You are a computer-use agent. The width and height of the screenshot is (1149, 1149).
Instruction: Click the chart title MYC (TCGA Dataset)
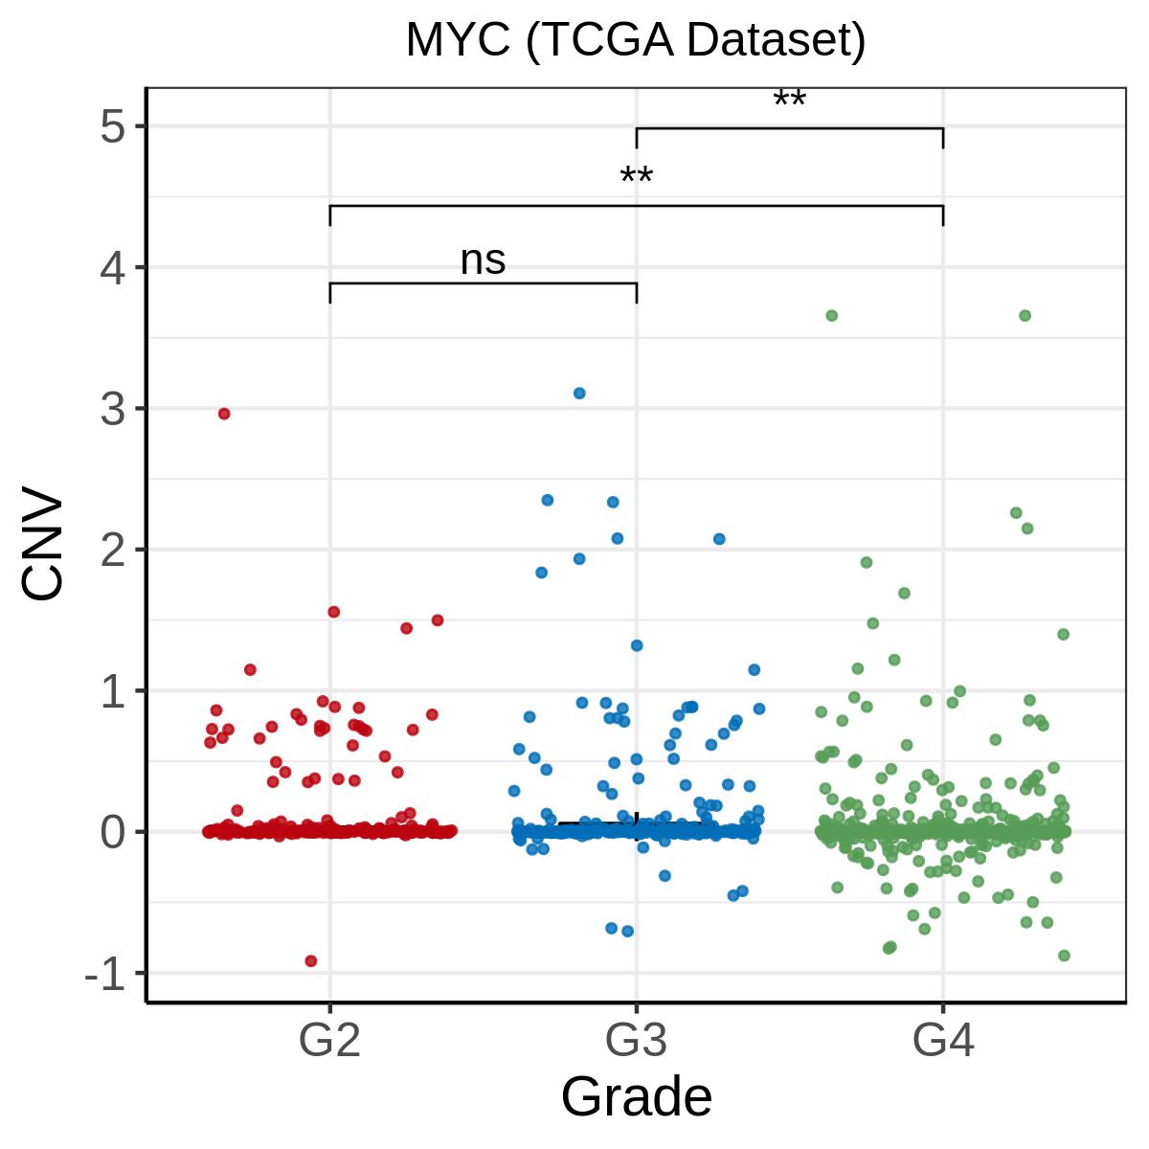point(636,40)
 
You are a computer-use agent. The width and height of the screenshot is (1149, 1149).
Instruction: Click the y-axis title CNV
point(42,542)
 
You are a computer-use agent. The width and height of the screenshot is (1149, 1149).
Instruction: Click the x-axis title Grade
point(636,1096)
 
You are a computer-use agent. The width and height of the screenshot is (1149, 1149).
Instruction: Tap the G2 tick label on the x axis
point(329,1040)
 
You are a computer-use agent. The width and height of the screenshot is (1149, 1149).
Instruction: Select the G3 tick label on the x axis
point(636,1040)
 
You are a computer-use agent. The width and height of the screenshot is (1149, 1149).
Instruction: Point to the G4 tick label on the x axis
point(943,1040)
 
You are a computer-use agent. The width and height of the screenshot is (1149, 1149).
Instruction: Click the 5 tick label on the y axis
point(113,126)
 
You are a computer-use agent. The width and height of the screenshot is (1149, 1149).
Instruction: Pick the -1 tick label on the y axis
point(105,974)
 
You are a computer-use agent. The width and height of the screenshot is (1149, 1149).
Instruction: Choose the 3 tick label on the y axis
point(113,409)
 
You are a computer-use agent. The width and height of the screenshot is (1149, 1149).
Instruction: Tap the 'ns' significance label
point(483,260)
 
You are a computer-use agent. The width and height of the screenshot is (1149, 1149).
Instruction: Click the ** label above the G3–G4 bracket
point(789,99)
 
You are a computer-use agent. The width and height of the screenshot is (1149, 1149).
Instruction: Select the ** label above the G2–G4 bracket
point(636,176)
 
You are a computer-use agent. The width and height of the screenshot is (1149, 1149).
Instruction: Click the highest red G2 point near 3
point(224,414)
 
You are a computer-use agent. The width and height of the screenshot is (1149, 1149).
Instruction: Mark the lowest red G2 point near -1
point(310,961)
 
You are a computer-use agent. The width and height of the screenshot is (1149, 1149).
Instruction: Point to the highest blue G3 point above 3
point(579,393)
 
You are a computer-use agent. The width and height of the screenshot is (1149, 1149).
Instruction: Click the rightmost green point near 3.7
point(1025,315)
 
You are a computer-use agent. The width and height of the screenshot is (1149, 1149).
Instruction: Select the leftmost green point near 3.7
point(832,315)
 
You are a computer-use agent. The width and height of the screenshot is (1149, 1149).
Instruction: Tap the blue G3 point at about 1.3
point(637,645)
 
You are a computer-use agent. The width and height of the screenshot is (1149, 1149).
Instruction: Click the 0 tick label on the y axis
point(113,832)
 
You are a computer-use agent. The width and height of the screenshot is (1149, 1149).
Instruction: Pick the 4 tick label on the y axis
point(113,268)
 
